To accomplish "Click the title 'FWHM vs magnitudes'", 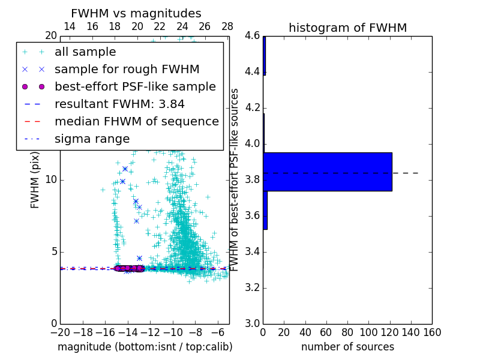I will (136, 13).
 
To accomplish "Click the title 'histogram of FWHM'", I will (347, 28).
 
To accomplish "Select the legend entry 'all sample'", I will (85, 52).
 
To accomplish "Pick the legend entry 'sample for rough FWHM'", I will (127, 70).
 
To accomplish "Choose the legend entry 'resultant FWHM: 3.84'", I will (118, 104).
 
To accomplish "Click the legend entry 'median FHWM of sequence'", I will (136, 122).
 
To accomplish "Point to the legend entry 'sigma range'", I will (92, 139).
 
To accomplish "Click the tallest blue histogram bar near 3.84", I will (327, 172).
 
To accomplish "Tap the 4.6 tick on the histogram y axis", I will (252, 36).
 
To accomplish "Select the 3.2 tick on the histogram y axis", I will (252, 287).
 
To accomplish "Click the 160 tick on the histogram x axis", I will (432, 332).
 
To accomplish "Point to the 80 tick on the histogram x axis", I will (347, 332).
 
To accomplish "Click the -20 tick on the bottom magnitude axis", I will (60, 332).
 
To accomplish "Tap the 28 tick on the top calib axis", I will (227, 26).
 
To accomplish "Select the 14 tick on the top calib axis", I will (70, 26).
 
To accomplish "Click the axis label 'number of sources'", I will (347, 347).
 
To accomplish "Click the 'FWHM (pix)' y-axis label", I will (35, 179).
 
